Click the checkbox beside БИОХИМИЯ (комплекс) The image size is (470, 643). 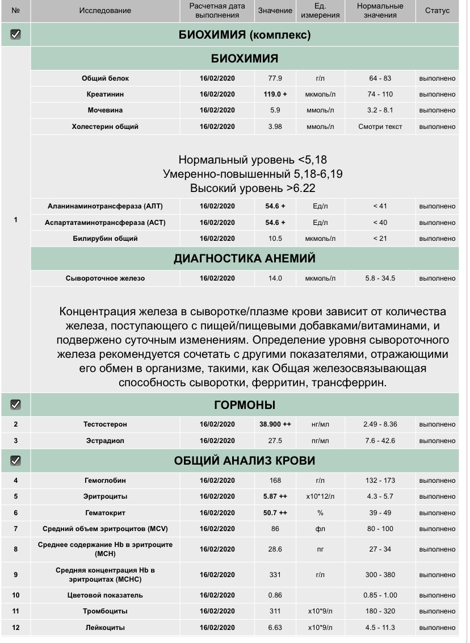click(16, 35)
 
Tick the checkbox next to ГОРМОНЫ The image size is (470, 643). click(16, 404)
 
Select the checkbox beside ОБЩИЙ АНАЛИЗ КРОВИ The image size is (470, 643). click(16, 461)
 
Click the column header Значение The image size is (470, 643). click(275, 11)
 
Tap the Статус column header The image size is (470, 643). click(437, 11)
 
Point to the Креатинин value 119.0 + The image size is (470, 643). click(275, 94)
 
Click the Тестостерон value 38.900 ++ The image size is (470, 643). click(275, 424)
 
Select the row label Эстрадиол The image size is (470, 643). click(105, 440)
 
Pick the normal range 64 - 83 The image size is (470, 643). click(380, 78)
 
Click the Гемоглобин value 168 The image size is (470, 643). click(275, 481)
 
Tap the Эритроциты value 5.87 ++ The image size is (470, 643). click(275, 496)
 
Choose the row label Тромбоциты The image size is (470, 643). click(105, 611)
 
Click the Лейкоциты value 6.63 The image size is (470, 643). click(275, 628)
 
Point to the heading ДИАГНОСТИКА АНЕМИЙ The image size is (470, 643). click(245, 259)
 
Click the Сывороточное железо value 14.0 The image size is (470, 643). click(275, 278)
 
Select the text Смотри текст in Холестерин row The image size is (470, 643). click(380, 127)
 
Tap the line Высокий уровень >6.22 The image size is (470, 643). click(252, 187)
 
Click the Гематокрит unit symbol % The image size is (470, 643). click(321, 513)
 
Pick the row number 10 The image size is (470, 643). click(16, 595)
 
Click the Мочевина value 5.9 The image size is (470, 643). click(275, 110)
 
